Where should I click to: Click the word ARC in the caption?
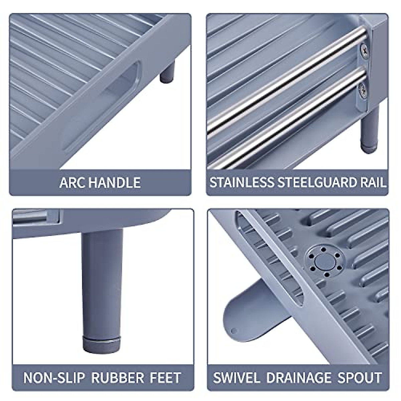(x=69, y=183)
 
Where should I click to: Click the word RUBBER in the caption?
(x=117, y=378)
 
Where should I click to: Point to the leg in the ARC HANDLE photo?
(x=167, y=72)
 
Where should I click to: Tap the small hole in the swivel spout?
(x=234, y=331)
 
